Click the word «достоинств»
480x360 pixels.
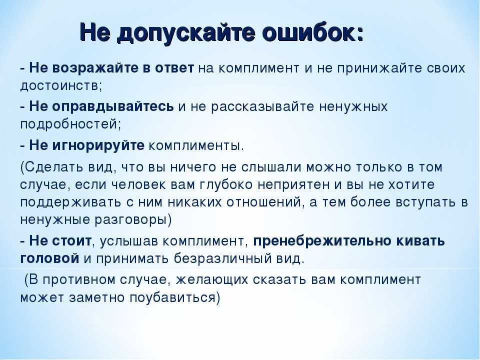[59, 86]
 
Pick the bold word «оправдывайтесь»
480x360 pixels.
[113, 107]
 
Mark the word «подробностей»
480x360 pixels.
[68, 125]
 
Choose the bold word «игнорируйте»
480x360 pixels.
[98, 145]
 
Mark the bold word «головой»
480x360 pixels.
[49, 259]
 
